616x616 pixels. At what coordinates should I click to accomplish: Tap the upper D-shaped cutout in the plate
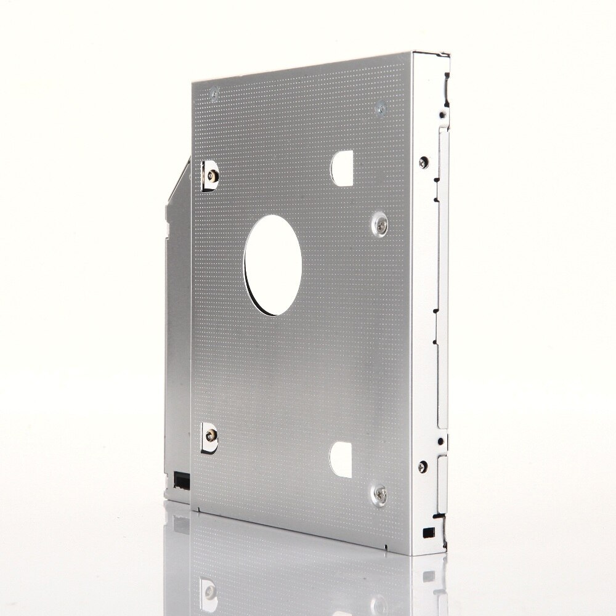click(x=342, y=168)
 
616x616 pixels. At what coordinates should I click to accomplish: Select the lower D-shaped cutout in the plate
click(x=341, y=460)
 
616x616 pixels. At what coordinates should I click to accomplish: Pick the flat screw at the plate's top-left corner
click(x=214, y=94)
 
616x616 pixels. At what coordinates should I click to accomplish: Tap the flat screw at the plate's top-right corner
click(x=380, y=110)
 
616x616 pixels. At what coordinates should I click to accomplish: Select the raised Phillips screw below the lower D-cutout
click(x=381, y=494)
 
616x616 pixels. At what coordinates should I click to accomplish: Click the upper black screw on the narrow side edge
click(x=423, y=162)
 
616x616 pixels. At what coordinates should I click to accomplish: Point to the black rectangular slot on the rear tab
click(x=182, y=479)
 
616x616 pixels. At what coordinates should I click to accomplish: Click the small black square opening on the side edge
click(x=427, y=531)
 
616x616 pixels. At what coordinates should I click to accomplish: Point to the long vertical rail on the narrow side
click(x=442, y=277)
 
